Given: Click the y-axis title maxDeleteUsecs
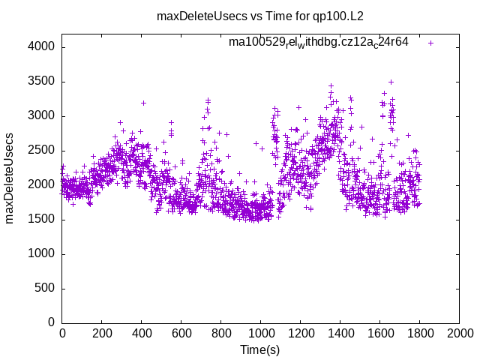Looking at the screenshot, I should [10, 178].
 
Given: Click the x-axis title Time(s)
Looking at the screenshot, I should [259, 349].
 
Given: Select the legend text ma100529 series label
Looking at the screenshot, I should [318, 42].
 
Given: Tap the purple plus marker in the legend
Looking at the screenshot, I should [430, 43].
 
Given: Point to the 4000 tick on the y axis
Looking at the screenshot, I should [42, 47].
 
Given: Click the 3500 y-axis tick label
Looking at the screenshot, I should [42, 82].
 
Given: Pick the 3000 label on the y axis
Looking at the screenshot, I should [42, 116].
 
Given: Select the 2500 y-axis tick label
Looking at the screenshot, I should [42, 151].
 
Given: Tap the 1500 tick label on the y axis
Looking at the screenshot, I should [42, 219].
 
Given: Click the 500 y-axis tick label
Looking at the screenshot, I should [45, 288].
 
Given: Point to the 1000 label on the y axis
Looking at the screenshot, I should [42, 253].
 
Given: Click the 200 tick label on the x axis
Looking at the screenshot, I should [102, 332].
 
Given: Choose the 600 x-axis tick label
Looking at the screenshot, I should [181, 332].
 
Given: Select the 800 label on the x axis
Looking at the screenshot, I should [221, 332].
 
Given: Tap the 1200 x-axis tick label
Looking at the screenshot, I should [300, 332].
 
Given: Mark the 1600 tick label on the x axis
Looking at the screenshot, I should [379, 332].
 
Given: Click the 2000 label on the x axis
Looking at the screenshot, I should [459, 332].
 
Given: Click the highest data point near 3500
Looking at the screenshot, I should [391, 82].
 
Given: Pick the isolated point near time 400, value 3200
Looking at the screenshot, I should [143, 103].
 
